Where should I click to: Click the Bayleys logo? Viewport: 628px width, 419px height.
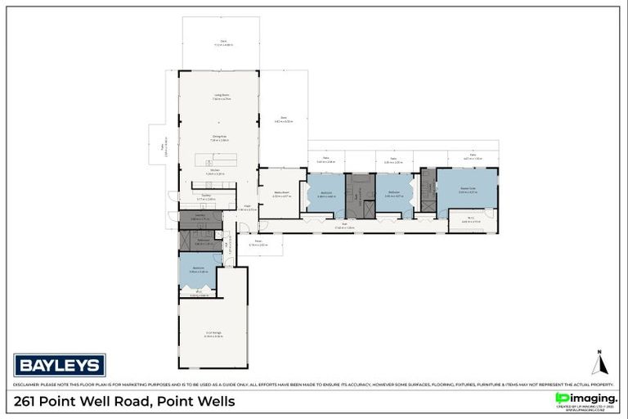point(60,365)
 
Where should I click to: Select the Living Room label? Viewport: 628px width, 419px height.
point(222,96)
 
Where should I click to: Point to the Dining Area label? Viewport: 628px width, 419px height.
point(219,137)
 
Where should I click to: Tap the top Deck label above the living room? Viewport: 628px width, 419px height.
point(222,42)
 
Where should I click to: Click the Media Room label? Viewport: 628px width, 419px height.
point(281,194)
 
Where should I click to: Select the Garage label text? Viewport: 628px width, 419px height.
point(213,334)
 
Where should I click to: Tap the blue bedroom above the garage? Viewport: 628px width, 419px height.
point(198,270)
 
